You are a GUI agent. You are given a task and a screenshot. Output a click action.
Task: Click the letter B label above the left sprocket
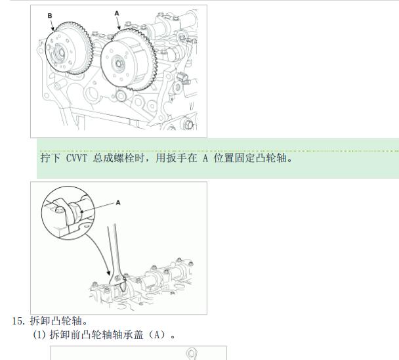pyautogui.click(x=50, y=16)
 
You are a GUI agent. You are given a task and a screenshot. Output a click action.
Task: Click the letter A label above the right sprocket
pyautogui.click(x=117, y=13)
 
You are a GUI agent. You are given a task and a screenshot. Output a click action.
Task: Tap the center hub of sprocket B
pyautogui.click(x=61, y=53)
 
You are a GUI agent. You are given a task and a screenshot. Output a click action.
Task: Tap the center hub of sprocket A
pyautogui.click(x=118, y=64)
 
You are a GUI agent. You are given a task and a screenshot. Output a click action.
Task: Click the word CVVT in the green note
pyautogui.click(x=76, y=158)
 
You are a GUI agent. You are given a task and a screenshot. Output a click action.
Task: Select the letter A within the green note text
pyautogui.click(x=205, y=158)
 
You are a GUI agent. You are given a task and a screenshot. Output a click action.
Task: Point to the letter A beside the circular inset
pyautogui.click(x=118, y=203)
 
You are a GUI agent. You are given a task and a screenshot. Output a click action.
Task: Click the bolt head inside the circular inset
pyautogui.click(x=60, y=210)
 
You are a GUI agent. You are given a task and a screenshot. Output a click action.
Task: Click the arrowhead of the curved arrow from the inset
pyautogui.click(x=108, y=273)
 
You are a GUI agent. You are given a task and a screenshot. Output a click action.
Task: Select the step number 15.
pyautogui.click(x=19, y=321)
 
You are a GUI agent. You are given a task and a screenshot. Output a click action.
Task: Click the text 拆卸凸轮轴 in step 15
pyautogui.click(x=56, y=321)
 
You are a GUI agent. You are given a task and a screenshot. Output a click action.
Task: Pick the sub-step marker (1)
pyautogui.click(x=39, y=334)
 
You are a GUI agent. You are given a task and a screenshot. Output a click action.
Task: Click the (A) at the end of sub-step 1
pyautogui.click(x=157, y=334)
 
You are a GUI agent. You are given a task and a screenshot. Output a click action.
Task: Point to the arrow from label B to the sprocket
pyautogui.click(x=52, y=25)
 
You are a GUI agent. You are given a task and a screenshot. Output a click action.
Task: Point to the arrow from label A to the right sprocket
pyautogui.click(x=119, y=23)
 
